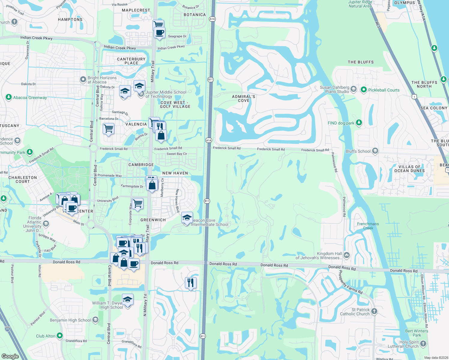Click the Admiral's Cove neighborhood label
[x=243, y=98]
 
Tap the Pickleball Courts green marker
[x=363, y=90]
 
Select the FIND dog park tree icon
[x=359, y=123]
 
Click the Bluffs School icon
[x=375, y=151]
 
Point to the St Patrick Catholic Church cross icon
[x=374, y=311]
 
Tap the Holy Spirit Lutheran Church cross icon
[x=423, y=343]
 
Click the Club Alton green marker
[x=60, y=336]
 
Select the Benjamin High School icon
[x=95, y=320]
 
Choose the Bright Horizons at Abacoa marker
[x=83, y=79]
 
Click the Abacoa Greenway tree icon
[x=9, y=97]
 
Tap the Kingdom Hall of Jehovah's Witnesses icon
[x=347, y=255]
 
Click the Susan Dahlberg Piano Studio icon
[x=354, y=89]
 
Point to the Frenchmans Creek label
[x=368, y=226]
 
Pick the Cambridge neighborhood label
[x=141, y=165]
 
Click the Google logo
[x=10, y=356]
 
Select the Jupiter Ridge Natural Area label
[x=360, y=4]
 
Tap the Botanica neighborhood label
[x=194, y=15]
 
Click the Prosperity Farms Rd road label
[x=350, y=282]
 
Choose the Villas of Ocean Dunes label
[x=409, y=169]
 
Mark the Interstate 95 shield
[x=8, y=329]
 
